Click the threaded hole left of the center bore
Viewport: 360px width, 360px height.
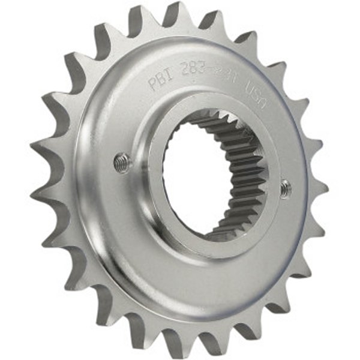pyautogui.click(x=122, y=162)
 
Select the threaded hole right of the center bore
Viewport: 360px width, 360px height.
pyautogui.click(x=287, y=188)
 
